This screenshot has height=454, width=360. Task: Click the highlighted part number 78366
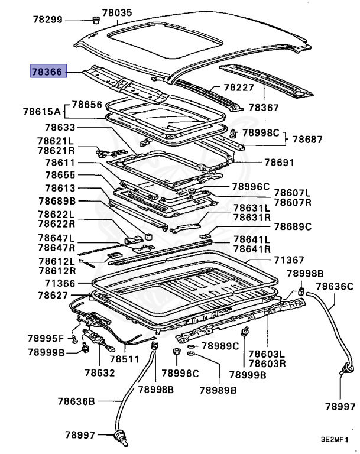click(x=48, y=72)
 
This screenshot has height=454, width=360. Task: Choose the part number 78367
click(x=263, y=108)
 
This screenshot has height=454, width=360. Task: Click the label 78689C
click(x=292, y=226)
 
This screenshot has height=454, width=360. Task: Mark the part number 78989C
click(x=220, y=346)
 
